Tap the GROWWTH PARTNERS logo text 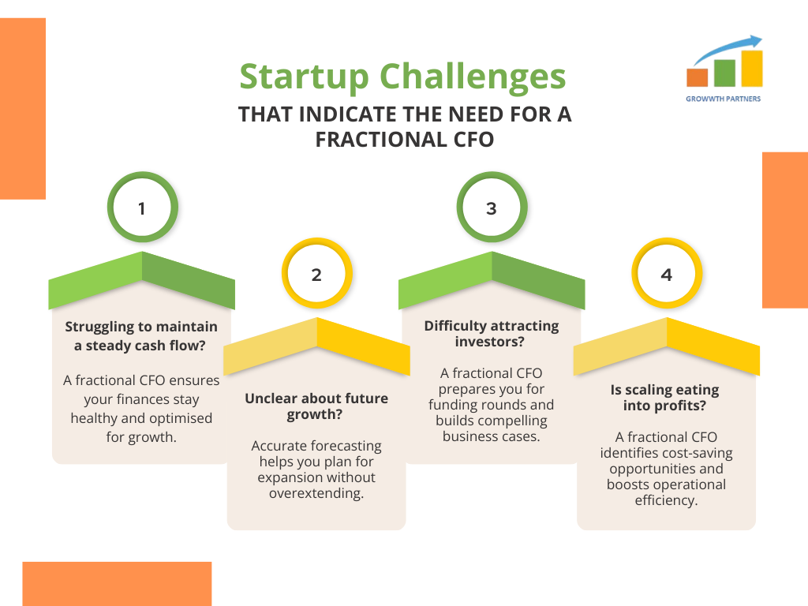[x=723, y=99]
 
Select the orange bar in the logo [x=698, y=77]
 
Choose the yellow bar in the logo [x=752, y=68]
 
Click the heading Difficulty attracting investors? [x=491, y=334]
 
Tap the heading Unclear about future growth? [x=316, y=406]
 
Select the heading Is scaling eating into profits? [x=664, y=398]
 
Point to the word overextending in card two [x=316, y=493]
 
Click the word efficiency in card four [x=666, y=500]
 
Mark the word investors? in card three [x=489, y=342]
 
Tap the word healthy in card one [x=94, y=418]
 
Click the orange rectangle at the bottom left [x=117, y=584]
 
